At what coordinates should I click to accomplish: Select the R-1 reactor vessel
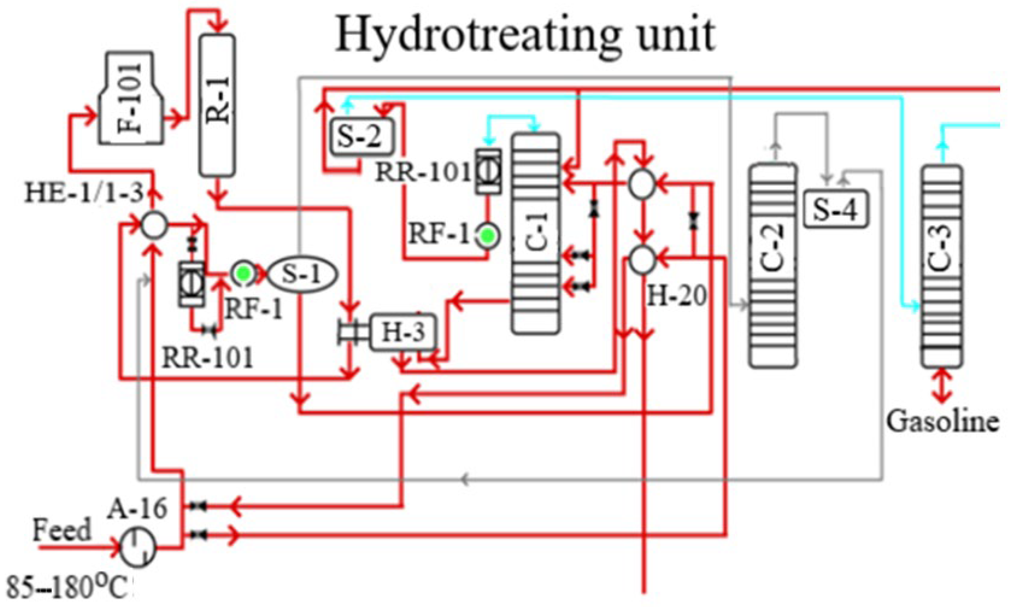217,105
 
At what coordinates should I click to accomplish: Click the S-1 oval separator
303,275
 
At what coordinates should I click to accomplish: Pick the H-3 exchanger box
403,332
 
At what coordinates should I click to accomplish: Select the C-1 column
536,233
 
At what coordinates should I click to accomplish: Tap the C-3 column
942,266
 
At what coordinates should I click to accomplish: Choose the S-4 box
835,208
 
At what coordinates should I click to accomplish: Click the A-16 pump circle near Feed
138,548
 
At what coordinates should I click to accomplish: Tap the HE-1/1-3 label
84,193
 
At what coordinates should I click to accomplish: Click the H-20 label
677,295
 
